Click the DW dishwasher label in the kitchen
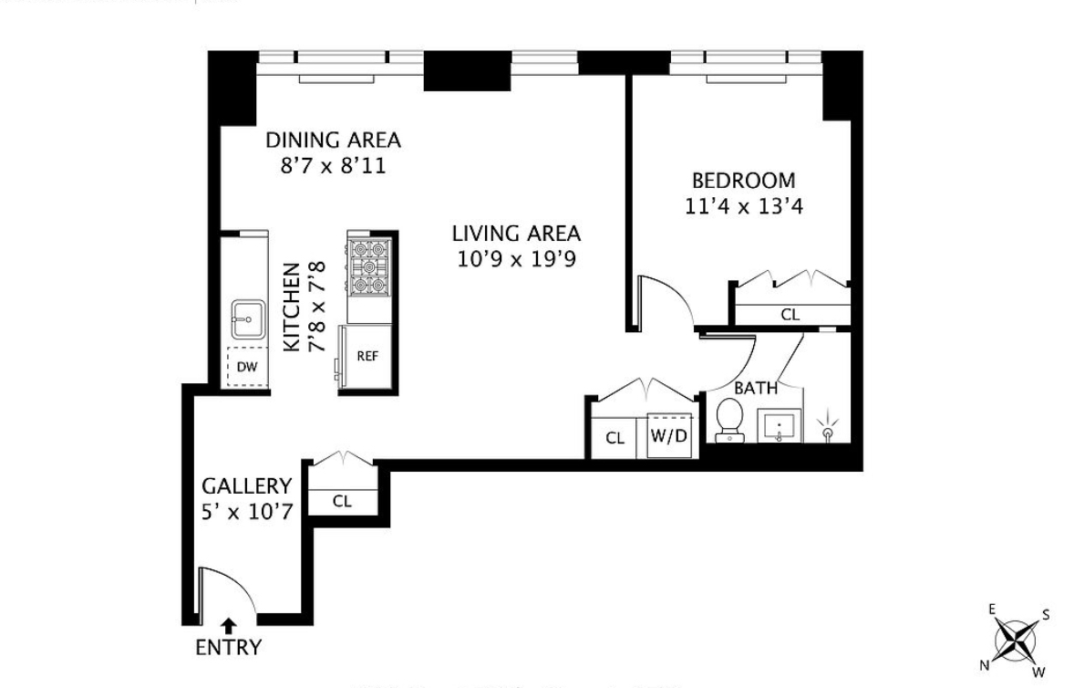pos(246,367)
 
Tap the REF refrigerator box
pos(367,357)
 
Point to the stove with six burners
pos(369,266)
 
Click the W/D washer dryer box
pos(668,435)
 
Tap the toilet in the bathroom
pos(729,419)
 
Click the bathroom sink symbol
pos(780,423)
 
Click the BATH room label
pos(756,388)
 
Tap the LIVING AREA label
pos(516,233)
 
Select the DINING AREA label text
pos(333,141)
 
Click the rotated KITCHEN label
pos(292,308)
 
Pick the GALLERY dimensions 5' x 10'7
pos(246,511)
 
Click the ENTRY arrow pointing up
pos(229,626)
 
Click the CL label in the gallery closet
pos(342,501)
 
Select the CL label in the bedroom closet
pos(790,315)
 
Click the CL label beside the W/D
pos(615,438)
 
